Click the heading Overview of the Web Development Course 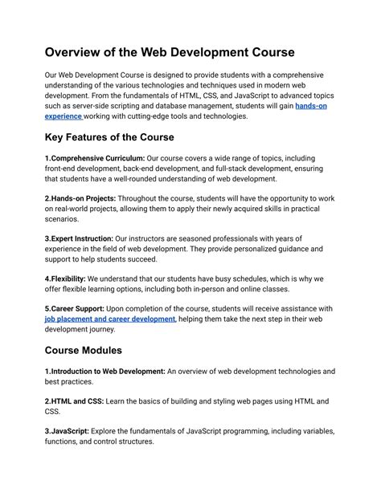[170, 52]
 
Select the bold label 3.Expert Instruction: [80, 238]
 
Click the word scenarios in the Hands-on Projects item [62, 218]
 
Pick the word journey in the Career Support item [118, 329]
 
